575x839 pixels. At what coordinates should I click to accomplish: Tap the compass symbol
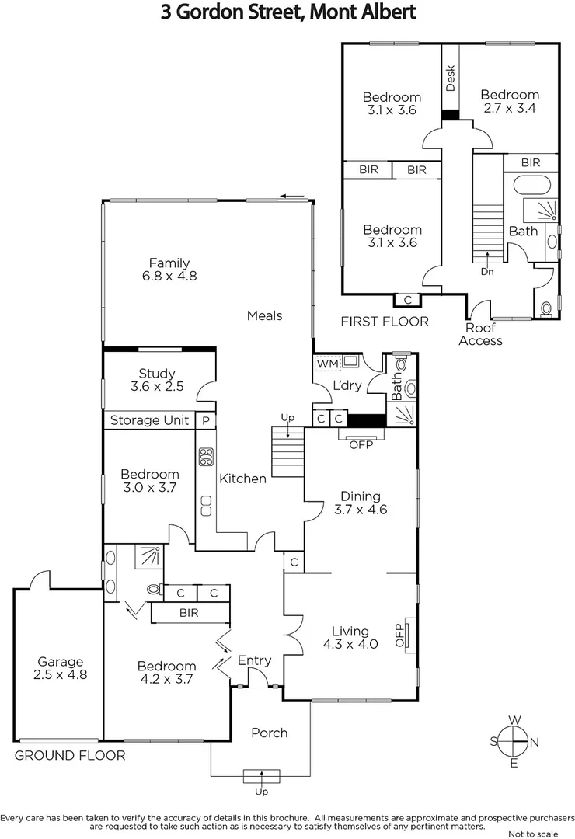pos(514,742)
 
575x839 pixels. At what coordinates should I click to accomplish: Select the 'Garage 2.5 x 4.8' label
pos(60,668)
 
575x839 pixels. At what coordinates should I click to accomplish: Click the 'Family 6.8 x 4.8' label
pos(169,269)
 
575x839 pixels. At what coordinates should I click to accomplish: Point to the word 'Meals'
pos(264,315)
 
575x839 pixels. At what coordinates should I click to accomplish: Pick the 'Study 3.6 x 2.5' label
pos(156,380)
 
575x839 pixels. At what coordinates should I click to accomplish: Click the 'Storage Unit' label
pos(149,420)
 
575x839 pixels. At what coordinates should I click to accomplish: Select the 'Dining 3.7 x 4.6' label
pos(361,503)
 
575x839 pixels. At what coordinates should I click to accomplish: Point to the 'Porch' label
pos(270,733)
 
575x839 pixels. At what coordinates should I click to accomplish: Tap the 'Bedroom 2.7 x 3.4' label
pos(509,102)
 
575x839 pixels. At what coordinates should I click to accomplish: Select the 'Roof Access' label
pos(481,335)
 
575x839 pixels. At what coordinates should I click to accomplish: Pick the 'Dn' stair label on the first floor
pos(487,271)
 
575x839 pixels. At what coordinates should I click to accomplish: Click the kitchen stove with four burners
pos(206,457)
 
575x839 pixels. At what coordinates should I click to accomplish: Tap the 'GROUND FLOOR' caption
pos(70,755)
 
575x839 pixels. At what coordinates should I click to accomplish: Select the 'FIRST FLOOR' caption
pos(385,322)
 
